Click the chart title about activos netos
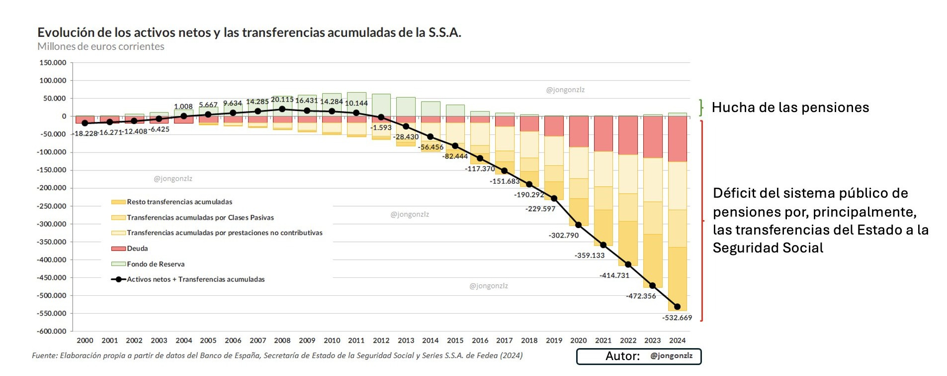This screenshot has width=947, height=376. [x=249, y=32]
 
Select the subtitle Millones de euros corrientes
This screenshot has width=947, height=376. [x=101, y=46]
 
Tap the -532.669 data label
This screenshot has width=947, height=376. [x=677, y=318]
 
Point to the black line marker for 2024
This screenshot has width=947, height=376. [x=677, y=307]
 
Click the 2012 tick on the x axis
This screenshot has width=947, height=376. [x=381, y=341]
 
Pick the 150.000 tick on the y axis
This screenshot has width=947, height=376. [x=53, y=63]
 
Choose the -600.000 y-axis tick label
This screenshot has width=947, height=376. [x=52, y=331]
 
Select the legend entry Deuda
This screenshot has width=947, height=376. [x=137, y=249]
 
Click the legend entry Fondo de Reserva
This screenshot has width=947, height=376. [x=156, y=264]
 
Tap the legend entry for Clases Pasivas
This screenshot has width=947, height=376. [x=200, y=218]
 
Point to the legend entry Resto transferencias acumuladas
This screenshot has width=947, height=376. [x=179, y=202]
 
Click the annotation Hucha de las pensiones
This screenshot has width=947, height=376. [x=790, y=108]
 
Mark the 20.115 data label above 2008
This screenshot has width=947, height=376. [x=282, y=100]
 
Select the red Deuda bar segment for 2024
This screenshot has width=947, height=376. [x=677, y=139]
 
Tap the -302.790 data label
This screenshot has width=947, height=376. [x=564, y=235]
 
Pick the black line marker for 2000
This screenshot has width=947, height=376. [x=85, y=123]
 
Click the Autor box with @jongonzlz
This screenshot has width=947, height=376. [x=639, y=356]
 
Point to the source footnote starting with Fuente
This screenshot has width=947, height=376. [x=277, y=356]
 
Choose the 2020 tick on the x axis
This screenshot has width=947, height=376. [x=578, y=341]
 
